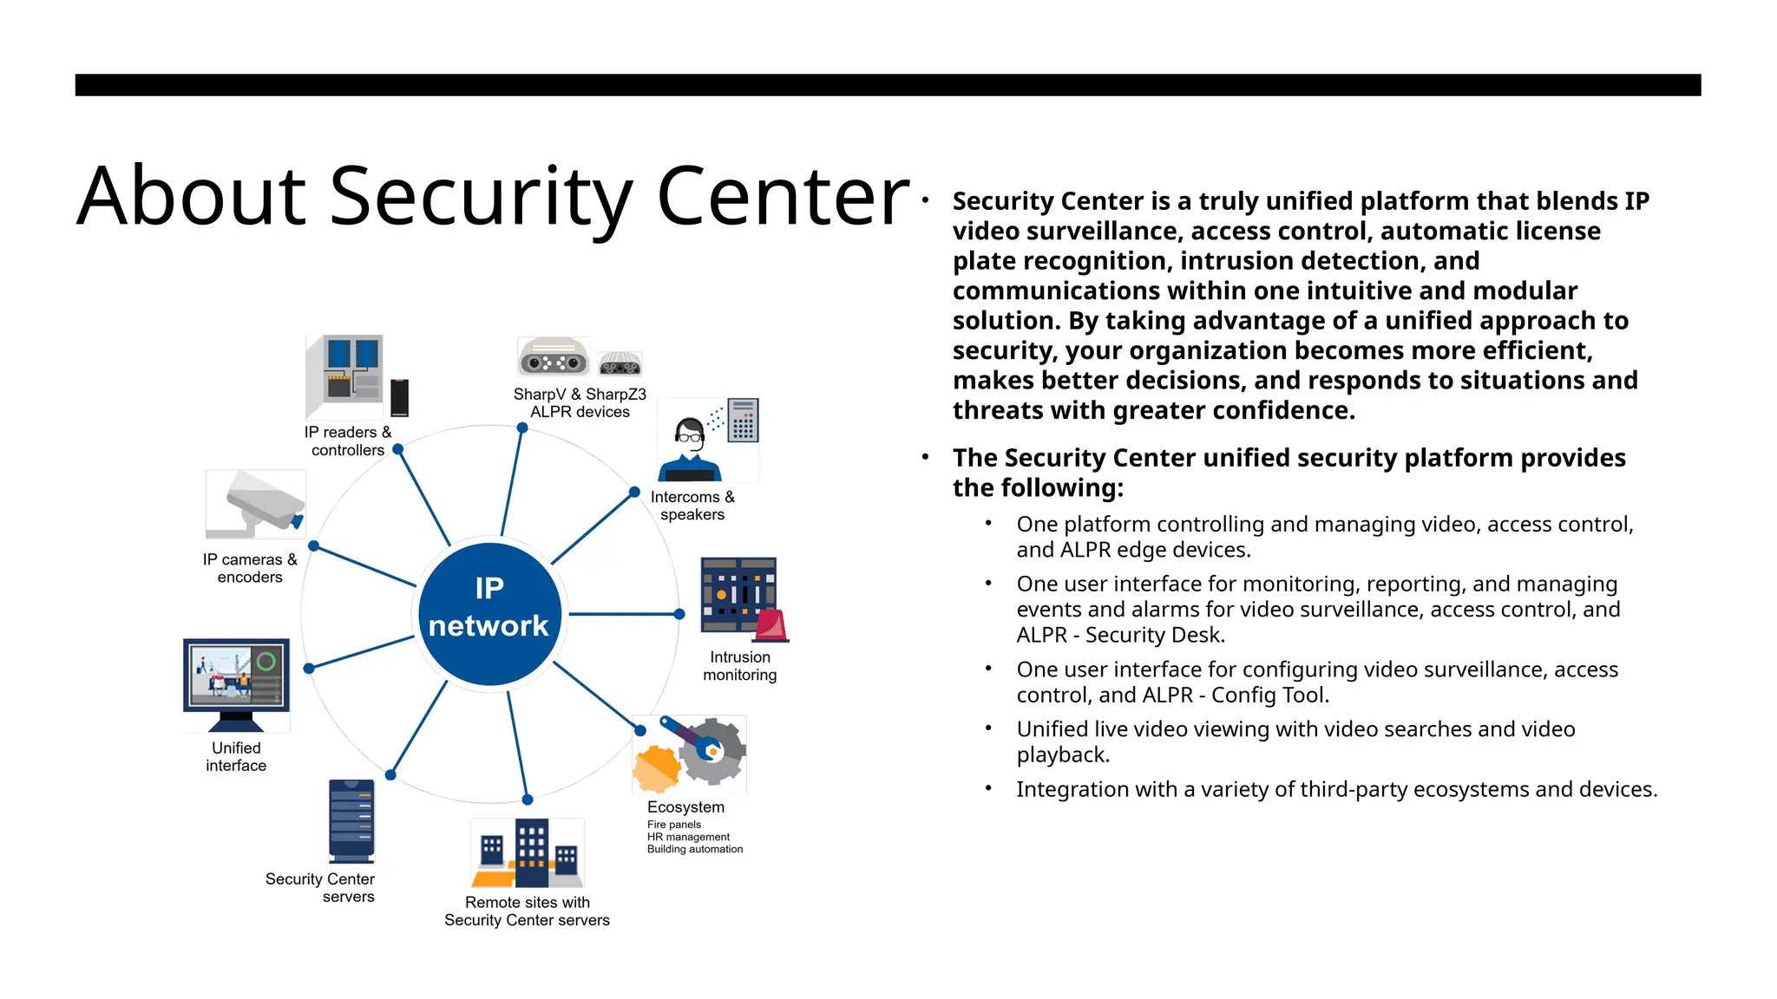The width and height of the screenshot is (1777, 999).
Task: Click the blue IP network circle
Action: [490, 614]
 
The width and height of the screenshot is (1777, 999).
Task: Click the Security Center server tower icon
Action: [351, 820]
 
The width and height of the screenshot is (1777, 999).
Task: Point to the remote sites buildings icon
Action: [528, 853]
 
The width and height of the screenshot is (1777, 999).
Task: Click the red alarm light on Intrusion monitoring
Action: [771, 626]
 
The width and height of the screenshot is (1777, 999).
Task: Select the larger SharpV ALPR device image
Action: [553, 357]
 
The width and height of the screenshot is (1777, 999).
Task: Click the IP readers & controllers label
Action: [348, 441]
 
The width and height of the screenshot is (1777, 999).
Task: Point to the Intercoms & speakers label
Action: [692, 506]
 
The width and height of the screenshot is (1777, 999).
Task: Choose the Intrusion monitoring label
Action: [740, 666]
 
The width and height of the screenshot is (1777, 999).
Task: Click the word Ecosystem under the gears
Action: [685, 806]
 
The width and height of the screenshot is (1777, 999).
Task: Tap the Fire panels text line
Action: [674, 825]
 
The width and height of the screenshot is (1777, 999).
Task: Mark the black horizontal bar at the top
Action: [888, 85]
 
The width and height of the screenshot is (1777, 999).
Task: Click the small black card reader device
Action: [399, 398]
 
